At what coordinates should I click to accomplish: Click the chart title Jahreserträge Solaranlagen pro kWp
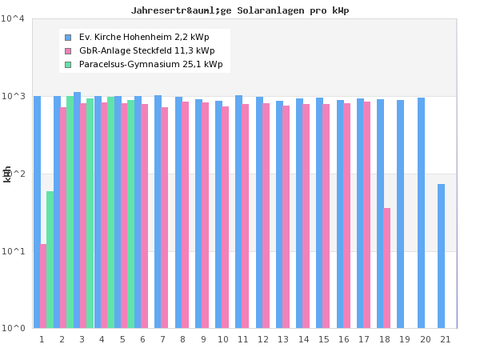(x=240, y=10)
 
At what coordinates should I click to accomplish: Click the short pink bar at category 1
(x=43, y=286)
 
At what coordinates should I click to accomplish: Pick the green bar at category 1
(x=50, y=259)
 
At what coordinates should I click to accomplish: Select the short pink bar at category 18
(x=387, y=268)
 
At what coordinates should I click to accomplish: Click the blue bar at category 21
(x=441, y=256)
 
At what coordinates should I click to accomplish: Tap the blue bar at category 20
(x=421, y=213)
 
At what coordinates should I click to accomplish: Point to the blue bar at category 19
(x=401, y=214)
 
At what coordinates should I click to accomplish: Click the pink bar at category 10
(x=226, y=217)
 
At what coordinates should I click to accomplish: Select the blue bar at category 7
(x=158, y=211)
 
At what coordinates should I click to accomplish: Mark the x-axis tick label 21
(x=445, y=339)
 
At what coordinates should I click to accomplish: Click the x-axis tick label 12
(x=263, y=339)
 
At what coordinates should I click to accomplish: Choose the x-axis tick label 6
(x=142, y=339)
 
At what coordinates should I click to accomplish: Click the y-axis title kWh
(x=7, y=174)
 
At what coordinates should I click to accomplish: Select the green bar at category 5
(x=131, y=214)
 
